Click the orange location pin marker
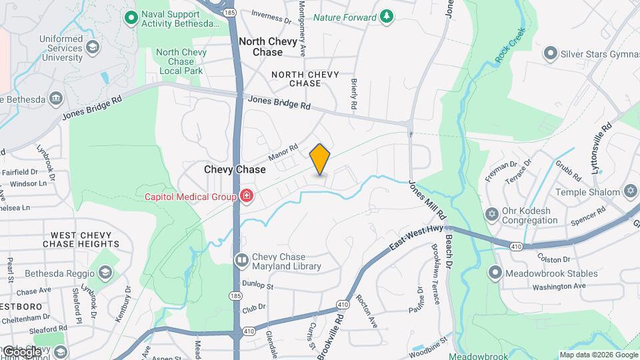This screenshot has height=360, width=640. (320, 159)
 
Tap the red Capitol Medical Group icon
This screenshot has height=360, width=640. (247, 196)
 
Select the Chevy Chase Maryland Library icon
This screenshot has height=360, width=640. (241, 260)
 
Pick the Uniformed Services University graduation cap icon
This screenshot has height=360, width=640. (93, 47)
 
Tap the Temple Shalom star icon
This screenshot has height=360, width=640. (630, 192)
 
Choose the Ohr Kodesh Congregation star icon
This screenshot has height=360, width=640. (492, 214)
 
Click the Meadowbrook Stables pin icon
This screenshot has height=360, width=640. (495, 273)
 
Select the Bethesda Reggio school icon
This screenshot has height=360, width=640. (105, 273)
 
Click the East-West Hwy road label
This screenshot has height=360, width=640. (417, 238)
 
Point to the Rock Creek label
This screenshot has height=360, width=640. (511, 45)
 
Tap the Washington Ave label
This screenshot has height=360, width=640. (558, 286)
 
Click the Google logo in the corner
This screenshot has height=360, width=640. (22, 351)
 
